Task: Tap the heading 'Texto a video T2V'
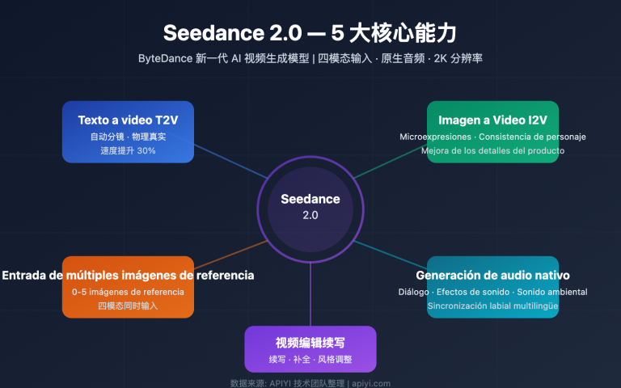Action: coord(128,120)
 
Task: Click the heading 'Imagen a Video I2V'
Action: coord(492,120)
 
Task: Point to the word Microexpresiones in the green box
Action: coord(435,136)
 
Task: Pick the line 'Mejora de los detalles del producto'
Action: coord(492,150)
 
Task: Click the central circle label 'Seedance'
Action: coord(310,199)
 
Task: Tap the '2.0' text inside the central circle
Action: coord(310,215)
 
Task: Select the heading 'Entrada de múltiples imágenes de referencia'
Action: coord(128,275)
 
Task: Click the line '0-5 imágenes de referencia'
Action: coord(128,291)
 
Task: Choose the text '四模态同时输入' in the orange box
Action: coord(128,306)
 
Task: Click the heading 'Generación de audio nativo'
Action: coord(492,275)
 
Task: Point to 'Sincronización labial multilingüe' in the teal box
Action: coord(492,306)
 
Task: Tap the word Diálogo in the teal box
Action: coord(415,291)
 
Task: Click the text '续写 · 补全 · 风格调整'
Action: coord(310,359)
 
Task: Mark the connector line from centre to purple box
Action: coord(310,295)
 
